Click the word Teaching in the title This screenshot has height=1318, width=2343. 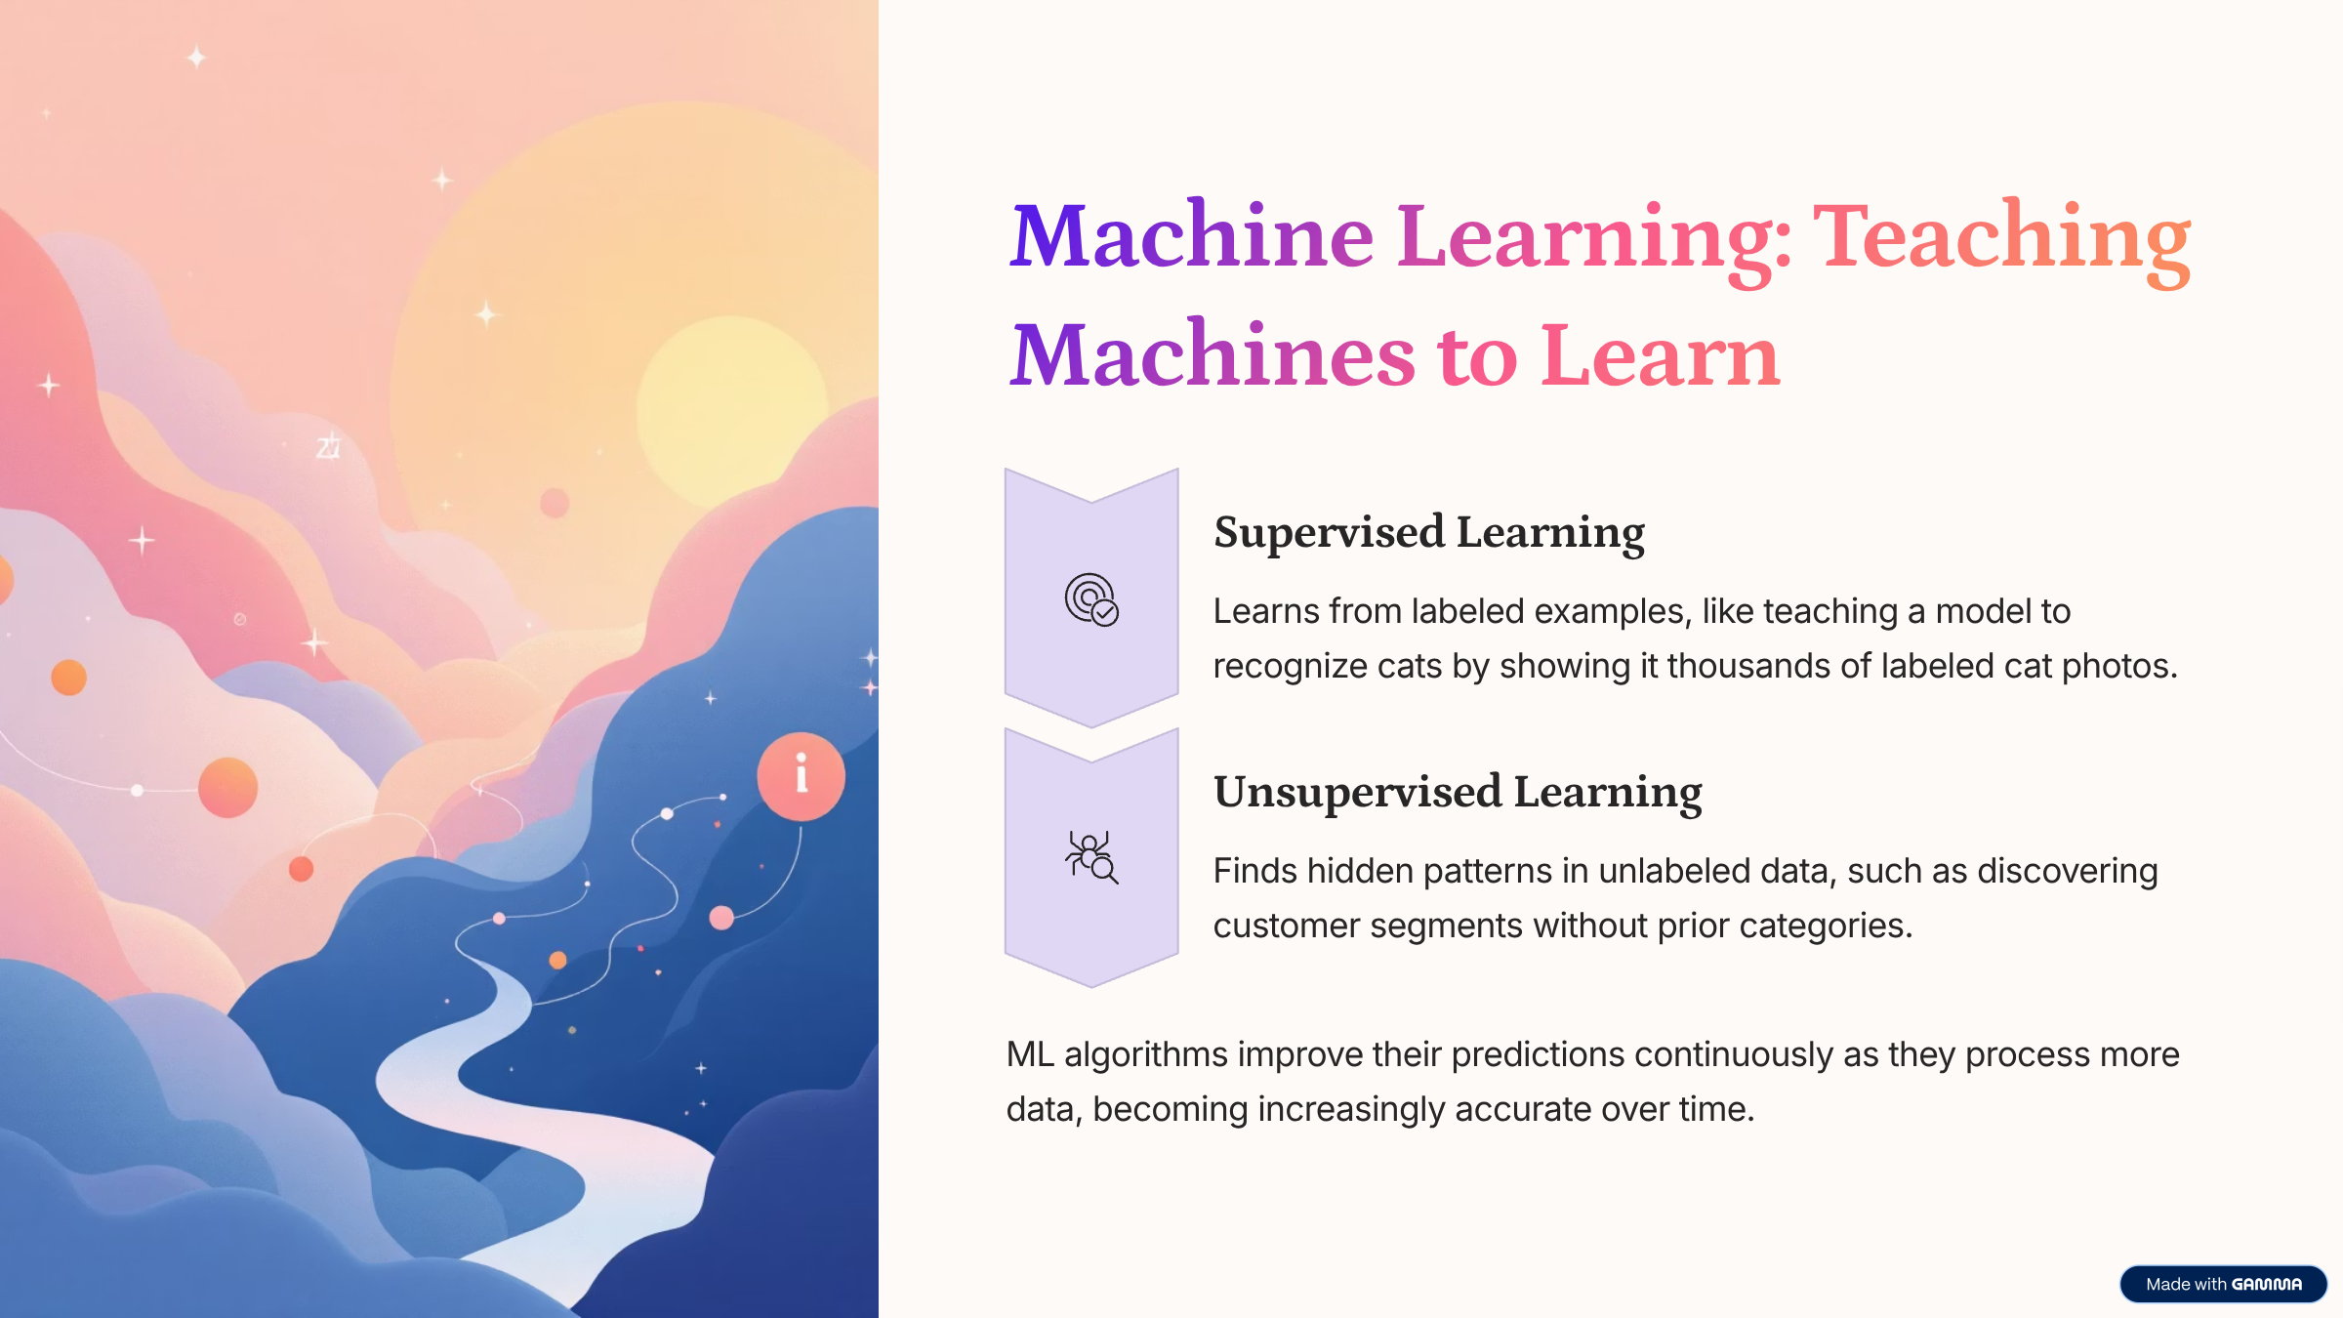[2002, 239]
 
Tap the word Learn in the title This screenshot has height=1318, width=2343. [1661, 356]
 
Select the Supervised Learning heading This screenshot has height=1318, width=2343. [1429, 533]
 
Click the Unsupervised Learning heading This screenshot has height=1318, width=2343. [1458, 793]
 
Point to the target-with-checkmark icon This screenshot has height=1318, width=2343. [1091, 599]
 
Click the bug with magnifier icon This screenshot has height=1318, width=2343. [1091, 857]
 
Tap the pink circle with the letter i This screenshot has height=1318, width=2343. [802, 776]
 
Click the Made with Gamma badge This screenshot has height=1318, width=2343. [2223, 1284]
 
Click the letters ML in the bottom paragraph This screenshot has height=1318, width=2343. [1030, 1054]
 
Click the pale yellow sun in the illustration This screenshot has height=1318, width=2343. [732, 410]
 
